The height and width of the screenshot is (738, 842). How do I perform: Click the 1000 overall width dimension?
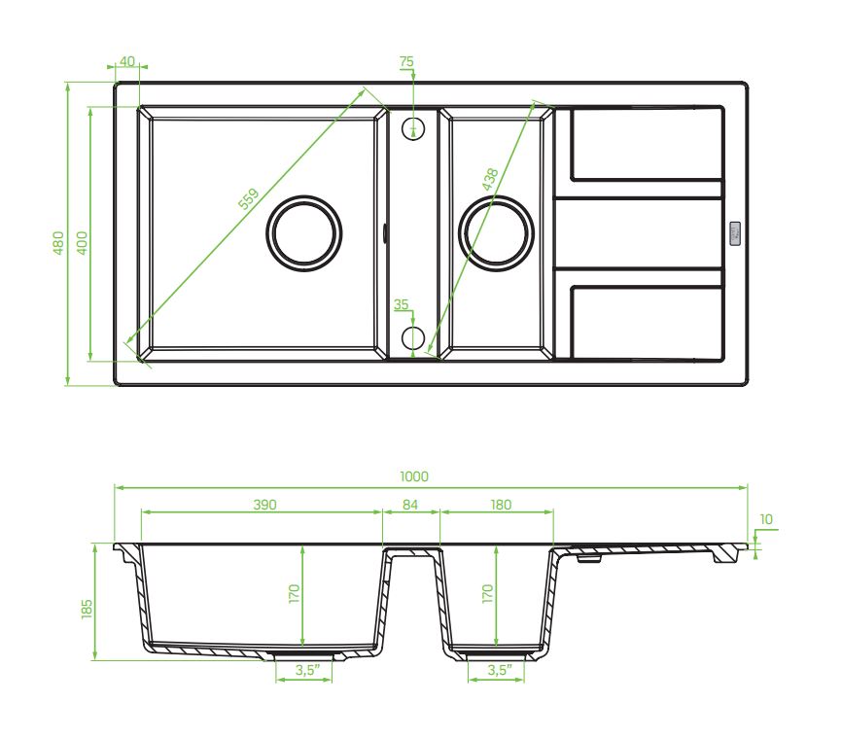tap(413, 476)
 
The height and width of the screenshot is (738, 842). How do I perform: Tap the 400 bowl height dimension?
tap(83, 242)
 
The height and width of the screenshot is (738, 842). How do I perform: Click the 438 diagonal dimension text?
tap(489, 181)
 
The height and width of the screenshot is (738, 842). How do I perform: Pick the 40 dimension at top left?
tap(126, 61)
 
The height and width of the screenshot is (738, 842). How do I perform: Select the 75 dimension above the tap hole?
tap(406, 61)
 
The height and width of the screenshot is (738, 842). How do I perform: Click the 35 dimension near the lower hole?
tap(401, 304)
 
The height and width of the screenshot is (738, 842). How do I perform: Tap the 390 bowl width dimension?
tap(265, 505)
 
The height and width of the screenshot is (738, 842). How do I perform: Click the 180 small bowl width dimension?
tap(500, 505)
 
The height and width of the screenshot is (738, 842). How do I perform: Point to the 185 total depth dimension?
tap(88, 609)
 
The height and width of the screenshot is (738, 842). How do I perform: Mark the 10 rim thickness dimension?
tap(767, 519)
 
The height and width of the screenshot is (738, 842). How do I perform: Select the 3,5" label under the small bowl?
tap(498, 670)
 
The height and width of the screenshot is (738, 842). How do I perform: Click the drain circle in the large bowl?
tap(304, 232)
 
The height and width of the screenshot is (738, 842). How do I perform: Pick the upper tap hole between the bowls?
tap(414, 128)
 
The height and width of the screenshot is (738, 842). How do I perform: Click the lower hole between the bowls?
tap(413, 337)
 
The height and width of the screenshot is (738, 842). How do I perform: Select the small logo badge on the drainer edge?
tap(734, 233)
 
